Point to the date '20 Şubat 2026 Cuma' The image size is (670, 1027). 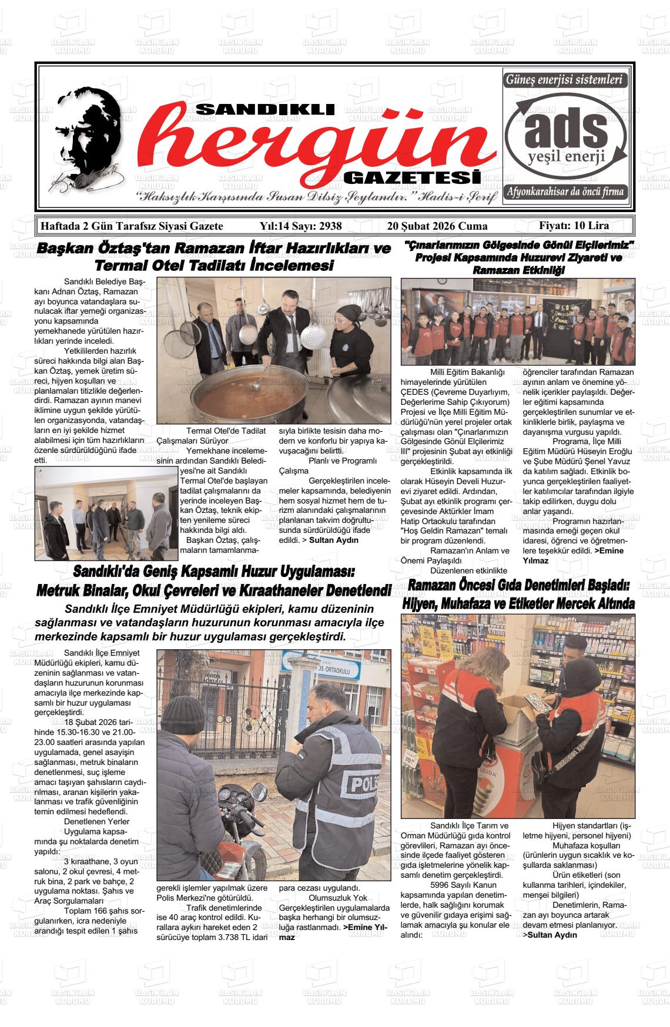(437, 226)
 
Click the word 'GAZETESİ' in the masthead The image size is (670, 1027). (411, 177)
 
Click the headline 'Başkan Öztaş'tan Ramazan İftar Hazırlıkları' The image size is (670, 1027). (213, 249)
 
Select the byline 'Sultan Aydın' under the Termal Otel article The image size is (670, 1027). (333, 540)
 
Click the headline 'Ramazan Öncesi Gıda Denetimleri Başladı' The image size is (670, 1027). (519, 586)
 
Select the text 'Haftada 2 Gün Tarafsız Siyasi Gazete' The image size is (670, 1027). (131, 226)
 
